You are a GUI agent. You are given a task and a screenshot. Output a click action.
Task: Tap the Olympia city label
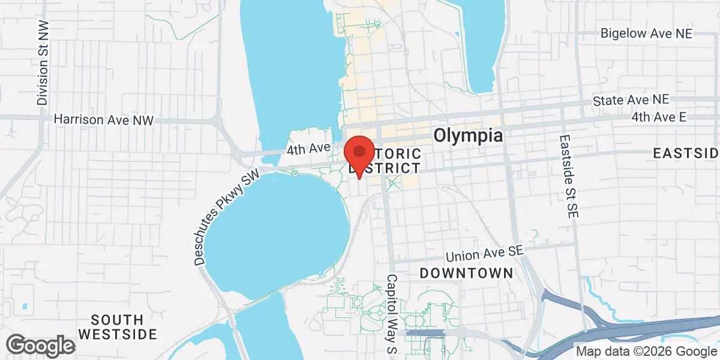point(468,135)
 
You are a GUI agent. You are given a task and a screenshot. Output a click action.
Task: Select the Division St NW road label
point(42,62)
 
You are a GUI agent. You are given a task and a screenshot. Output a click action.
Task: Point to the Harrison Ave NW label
point(104,120)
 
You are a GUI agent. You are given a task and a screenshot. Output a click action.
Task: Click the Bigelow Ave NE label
point(647,34)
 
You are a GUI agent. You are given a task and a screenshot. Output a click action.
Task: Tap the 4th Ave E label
point(658,118)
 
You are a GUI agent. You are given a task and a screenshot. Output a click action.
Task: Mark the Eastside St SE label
point(567,175)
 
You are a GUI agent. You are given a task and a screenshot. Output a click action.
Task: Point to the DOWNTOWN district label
point(466,274)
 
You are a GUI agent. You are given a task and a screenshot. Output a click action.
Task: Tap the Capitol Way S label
point(391,313)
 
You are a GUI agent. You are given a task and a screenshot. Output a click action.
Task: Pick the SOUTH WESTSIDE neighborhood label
point(118,326)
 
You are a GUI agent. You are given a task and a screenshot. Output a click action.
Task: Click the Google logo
point(40,346)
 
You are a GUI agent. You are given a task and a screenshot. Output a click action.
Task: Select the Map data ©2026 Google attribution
point(646,352)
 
